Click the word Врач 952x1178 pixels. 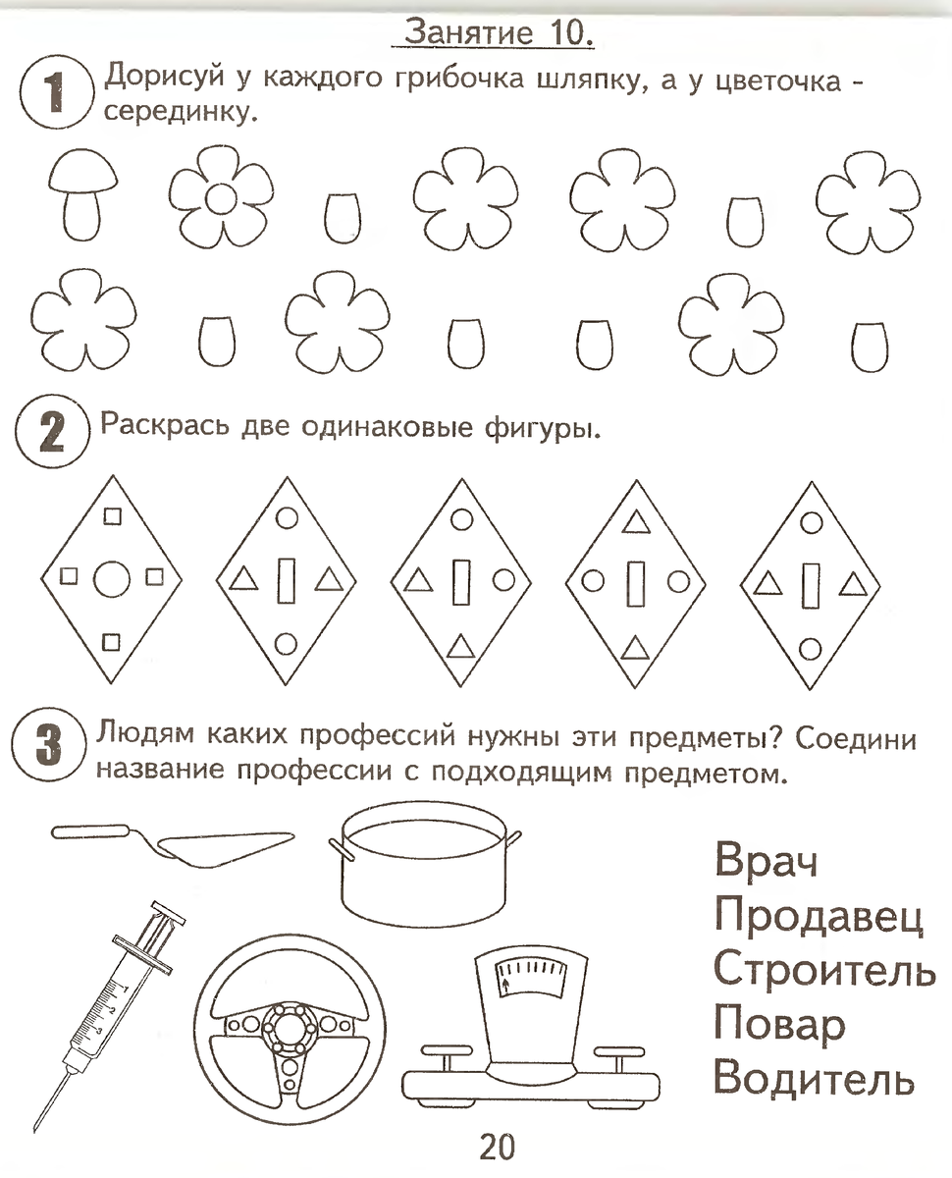[767, 861]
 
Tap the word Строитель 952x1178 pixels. [822, 970]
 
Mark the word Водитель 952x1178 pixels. [814, 1079]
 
